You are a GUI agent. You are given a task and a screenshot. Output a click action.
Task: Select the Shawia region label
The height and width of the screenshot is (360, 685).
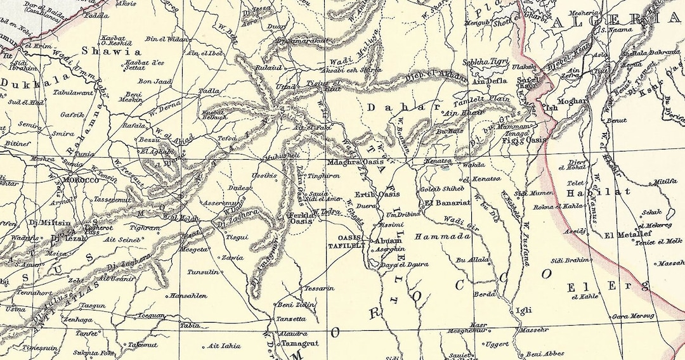click(116, 51)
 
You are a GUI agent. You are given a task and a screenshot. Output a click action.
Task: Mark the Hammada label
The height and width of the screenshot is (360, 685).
click(443, 236)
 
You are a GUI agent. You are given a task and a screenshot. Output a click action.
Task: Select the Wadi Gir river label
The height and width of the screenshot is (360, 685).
click(460, 219)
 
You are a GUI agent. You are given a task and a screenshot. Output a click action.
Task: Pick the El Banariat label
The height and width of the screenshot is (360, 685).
click(447, 203)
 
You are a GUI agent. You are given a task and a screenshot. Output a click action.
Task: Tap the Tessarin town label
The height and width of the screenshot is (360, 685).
click(319, 288)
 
